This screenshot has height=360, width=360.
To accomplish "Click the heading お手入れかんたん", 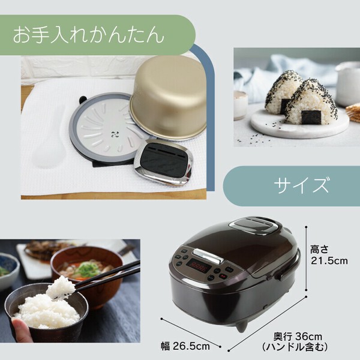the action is click(88, 35).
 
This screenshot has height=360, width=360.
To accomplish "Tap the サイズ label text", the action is click(301, 185).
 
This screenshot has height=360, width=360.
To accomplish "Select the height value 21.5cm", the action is click(329, 261).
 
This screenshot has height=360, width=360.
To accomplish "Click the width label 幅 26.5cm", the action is click(185, 346).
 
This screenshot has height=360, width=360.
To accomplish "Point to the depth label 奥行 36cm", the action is click(298, 337).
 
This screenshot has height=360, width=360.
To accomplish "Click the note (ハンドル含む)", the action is click(295, 347).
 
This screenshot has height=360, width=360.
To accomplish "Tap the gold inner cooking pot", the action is click(169, 97).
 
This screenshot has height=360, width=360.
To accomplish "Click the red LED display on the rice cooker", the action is click(199, 266).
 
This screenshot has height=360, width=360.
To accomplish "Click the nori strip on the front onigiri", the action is click(311, 117).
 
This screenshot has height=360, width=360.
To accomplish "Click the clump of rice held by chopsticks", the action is click(61, 287).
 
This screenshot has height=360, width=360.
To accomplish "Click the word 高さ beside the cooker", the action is click(319, 250).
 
